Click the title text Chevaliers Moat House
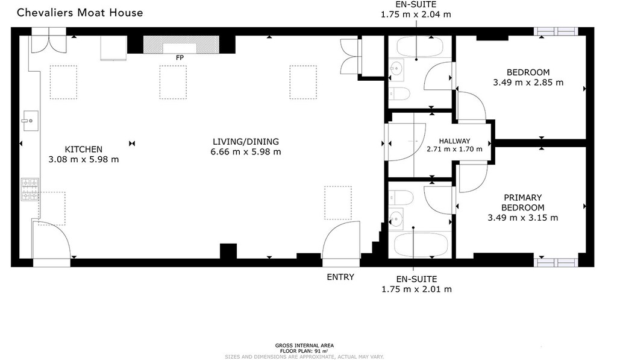[x=80, y=12]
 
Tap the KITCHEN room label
[x=84, y=149]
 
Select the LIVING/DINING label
[x=246, y=142]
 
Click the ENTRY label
[x=340, y=277]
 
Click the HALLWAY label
[x=454, y=141]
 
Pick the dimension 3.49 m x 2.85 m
[x=528, y=83]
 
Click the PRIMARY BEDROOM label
[x=523, y=203]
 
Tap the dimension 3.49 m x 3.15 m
[x=523, y=218]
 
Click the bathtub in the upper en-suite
[x=421, y=48]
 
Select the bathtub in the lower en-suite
[x=421, y=245]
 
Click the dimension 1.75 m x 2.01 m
[x=416, y=289]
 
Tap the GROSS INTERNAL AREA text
[x=304, y=345]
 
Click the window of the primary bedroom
[x=557, y=262]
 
